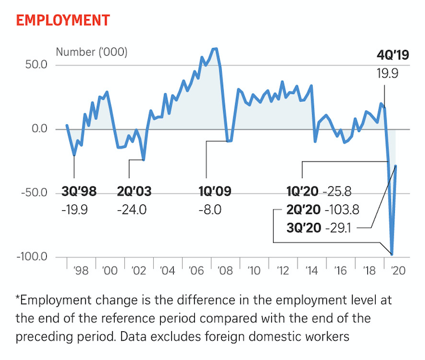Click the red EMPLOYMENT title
[x=62, y=20]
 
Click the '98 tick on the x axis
[x=81, y=270]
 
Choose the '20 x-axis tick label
[x=397, y=270]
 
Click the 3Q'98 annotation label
[x=79, y=191]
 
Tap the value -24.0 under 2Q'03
[x=132, y=209]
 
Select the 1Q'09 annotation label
[x=210, y=191]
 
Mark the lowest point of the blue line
[x=392, y=254]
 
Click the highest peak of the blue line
[x=215, y=49]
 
